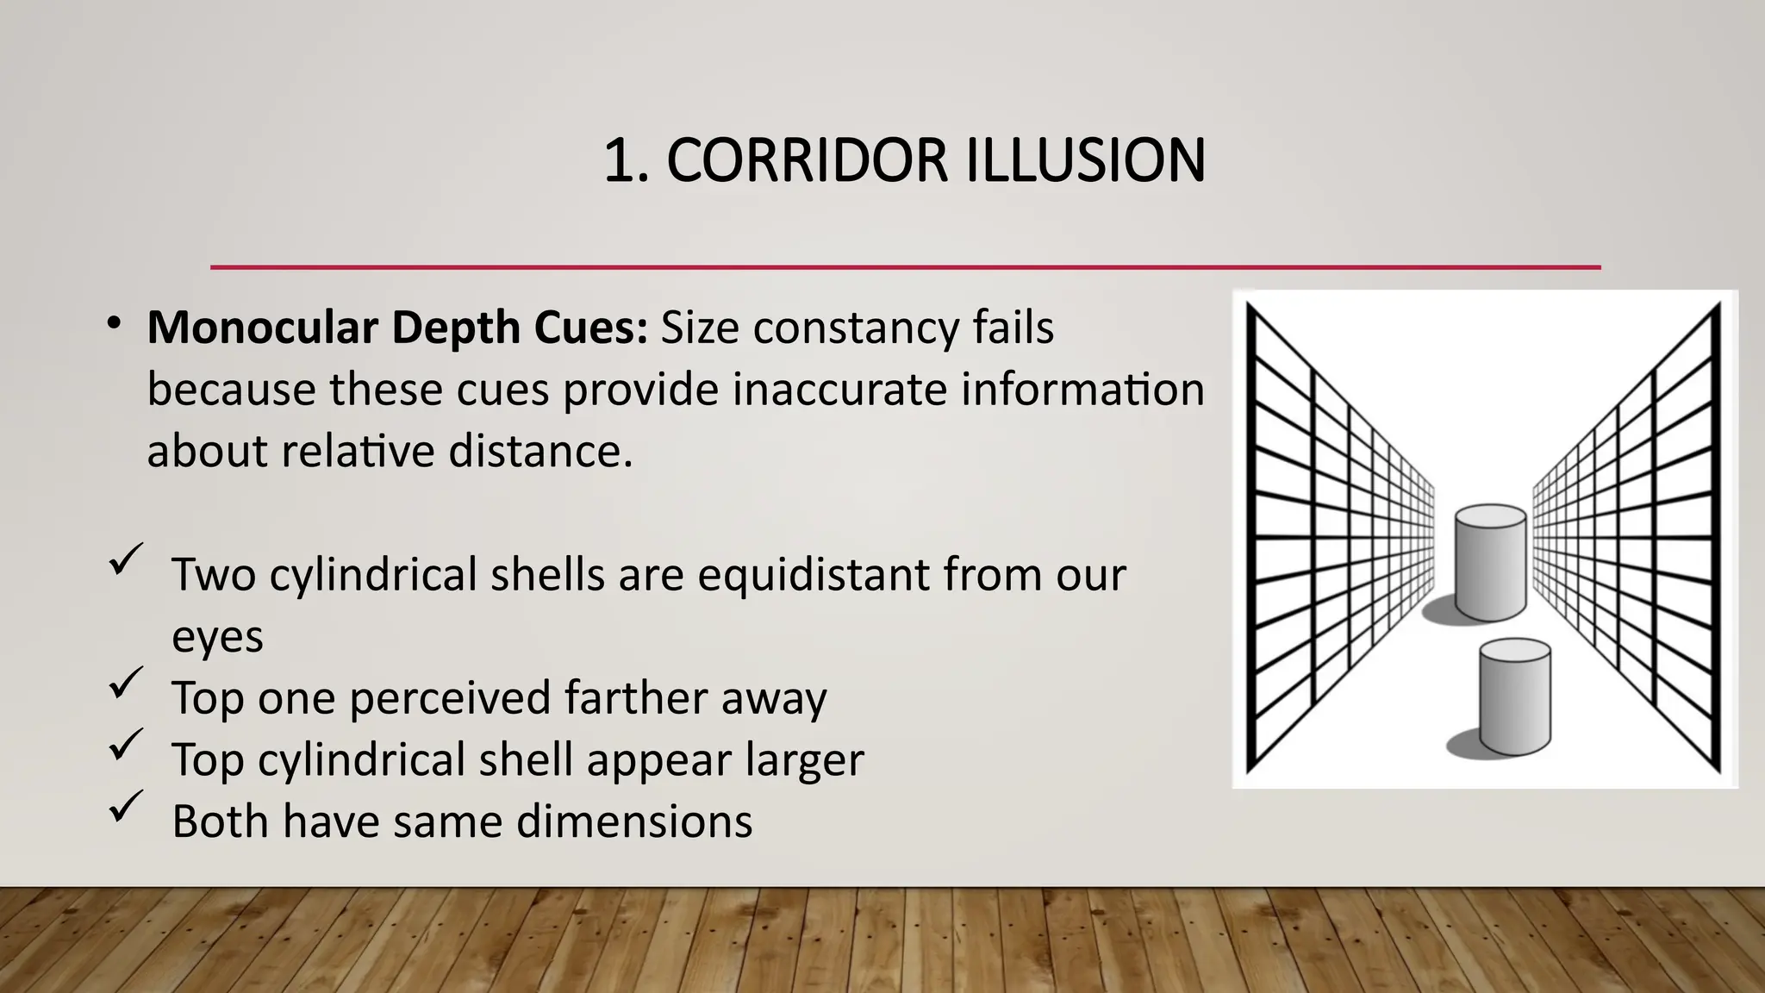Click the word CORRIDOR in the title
807,160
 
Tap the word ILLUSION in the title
1085,160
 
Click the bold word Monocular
263,328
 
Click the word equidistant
813,574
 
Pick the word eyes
217,638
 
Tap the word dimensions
634,821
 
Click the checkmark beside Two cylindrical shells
126,560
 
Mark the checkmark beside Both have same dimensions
126,807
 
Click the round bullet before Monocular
113,324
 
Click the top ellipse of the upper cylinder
1490,516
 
